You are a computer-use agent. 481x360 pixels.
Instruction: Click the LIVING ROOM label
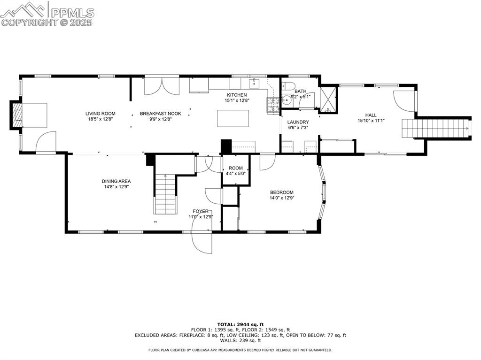(x=100, y=114)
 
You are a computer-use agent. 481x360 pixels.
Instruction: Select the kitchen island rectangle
(x=233, y=118)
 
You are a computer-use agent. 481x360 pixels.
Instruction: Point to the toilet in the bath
(x=288, y=86)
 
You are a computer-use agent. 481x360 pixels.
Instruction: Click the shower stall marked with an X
(x=328, y=99)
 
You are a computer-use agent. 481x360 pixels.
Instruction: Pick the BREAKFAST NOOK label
(x=160, y=114)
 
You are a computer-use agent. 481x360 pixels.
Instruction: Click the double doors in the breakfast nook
(x=161, y=86)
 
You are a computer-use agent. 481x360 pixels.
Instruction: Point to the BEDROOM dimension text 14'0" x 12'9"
(x=281, y=198)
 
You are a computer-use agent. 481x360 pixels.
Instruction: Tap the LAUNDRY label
(x=298, y=122)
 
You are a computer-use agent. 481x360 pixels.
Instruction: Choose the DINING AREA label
(x=116, y=181)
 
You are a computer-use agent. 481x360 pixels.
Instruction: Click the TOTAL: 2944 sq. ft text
(x=240, y=324)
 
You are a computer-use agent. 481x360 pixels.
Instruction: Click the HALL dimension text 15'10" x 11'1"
(x=371, y=121)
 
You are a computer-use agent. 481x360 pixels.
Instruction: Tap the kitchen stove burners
(x=273, y=105)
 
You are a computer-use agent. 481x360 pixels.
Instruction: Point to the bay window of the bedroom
(x=323, y=190)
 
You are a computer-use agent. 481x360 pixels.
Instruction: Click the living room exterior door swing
(x=46, y=142)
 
